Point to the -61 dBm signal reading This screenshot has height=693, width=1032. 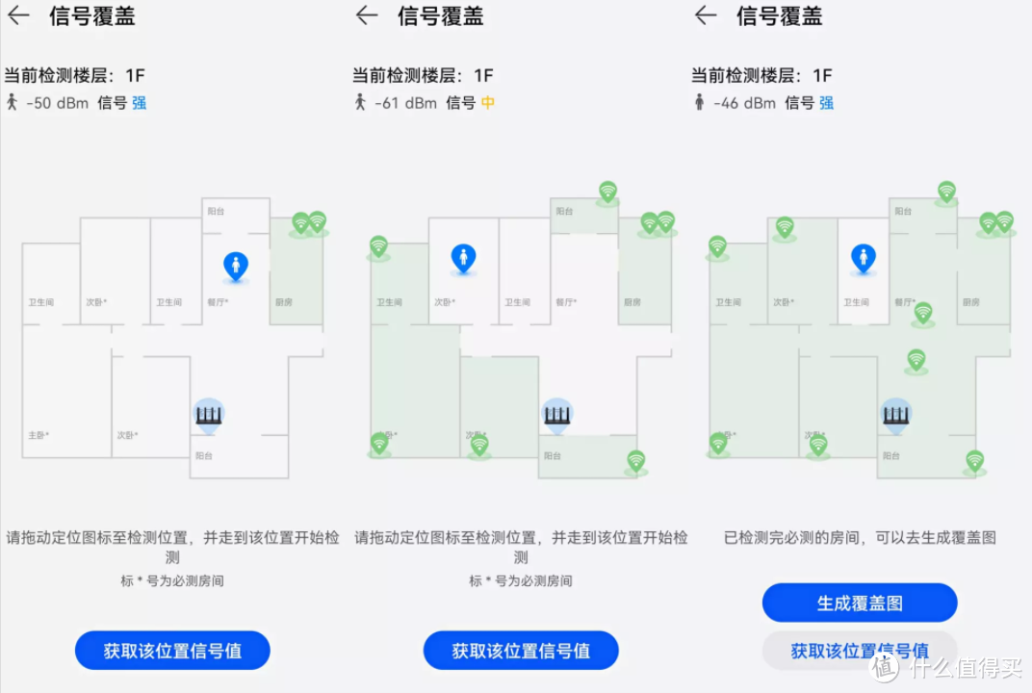405,103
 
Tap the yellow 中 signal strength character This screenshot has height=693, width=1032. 488,103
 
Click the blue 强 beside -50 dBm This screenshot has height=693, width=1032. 140,103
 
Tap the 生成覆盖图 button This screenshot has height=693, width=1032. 860,603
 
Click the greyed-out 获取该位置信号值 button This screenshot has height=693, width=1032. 860,651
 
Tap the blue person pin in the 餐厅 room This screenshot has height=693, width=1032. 235,265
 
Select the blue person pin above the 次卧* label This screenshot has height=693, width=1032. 464,257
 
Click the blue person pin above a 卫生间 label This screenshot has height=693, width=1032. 863,257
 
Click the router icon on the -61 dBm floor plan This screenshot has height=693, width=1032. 556,415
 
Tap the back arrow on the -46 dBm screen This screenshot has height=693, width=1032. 706,16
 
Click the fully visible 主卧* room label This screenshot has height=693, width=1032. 39,435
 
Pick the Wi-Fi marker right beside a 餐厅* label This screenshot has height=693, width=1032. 923,312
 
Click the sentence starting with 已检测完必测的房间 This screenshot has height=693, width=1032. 860,538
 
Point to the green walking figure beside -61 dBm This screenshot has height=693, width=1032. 360,102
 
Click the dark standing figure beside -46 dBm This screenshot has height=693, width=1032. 699,102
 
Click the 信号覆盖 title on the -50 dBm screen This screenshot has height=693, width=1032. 92,16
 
